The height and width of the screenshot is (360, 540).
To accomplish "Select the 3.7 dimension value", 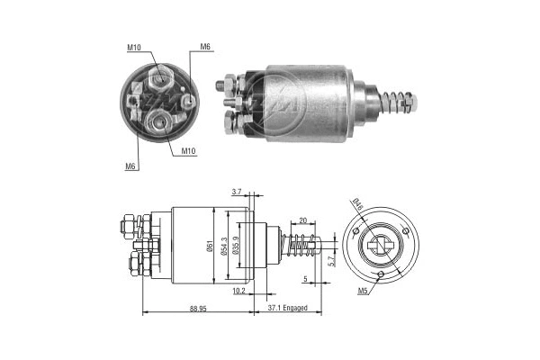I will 236,192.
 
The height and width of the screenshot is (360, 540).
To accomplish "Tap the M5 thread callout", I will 362,291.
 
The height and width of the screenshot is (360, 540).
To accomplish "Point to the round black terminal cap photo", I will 158,103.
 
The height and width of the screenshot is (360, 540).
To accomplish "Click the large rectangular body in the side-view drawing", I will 192,245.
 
